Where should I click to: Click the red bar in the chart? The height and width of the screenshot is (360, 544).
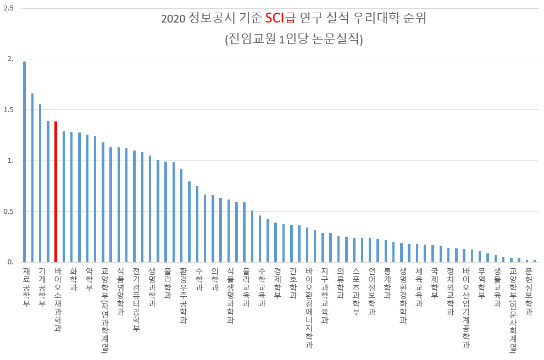point(55,192)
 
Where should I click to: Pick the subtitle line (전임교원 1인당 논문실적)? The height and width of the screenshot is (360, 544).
point(294,40)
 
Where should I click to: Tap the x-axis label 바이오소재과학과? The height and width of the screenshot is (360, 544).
point(58,300)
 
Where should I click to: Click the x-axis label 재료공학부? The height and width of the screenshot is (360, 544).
point(26,287)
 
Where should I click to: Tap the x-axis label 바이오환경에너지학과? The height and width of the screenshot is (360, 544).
point(309,308)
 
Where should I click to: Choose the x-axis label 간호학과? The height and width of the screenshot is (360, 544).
point(293,283)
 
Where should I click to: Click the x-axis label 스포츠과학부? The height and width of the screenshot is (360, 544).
point(356,291)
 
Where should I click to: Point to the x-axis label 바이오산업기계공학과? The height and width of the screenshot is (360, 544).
point(466,308)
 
